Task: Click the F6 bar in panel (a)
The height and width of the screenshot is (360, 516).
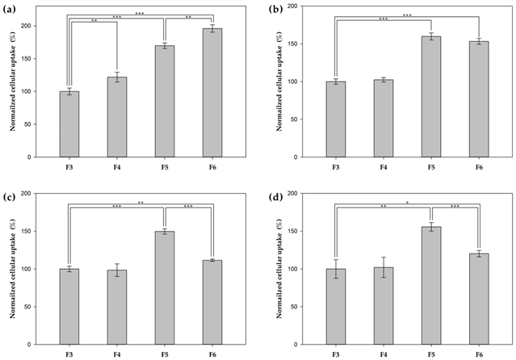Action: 212,93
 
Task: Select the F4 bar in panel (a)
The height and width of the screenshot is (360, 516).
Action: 117,117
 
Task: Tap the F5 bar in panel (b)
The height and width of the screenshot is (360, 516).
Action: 431,97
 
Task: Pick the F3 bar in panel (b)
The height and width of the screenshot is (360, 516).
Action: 336,119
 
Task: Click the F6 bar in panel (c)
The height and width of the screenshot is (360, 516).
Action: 212,303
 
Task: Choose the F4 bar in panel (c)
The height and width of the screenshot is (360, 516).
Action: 117,308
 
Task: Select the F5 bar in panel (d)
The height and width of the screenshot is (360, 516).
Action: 431,286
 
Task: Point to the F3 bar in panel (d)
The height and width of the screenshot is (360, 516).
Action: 336,307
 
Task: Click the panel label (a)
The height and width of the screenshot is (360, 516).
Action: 9,9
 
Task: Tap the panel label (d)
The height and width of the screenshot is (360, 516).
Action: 275,197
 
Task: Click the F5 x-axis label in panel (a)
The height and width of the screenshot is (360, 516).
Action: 165,168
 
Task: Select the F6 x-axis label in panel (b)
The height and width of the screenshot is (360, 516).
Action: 479,168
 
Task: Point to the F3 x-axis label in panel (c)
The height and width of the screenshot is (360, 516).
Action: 69,355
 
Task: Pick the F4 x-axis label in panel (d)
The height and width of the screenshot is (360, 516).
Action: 384,355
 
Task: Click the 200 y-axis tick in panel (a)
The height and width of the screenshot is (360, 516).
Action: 27,26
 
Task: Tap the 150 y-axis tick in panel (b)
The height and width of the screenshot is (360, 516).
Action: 294,44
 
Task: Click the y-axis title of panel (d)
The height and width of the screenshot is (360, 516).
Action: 279,269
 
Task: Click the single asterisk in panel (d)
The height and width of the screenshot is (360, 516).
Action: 407,203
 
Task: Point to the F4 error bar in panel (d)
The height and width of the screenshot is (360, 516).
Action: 384,267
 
